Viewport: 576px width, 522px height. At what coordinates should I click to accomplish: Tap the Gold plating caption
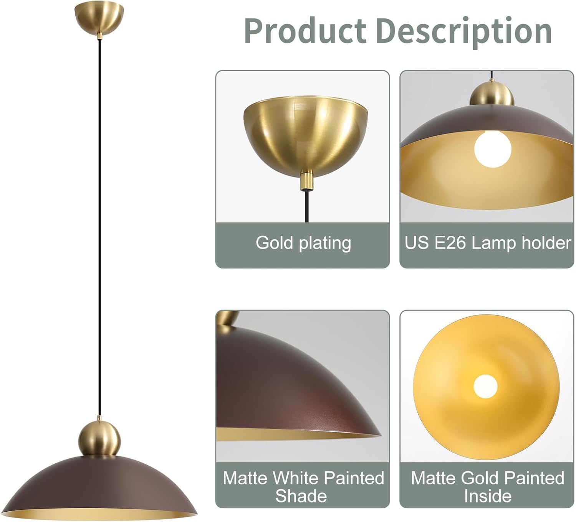tap(303, 243)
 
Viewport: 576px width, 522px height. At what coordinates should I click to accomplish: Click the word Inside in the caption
tap(487, 496)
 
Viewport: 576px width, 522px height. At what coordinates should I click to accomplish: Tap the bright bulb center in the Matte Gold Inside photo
tap(485, 385)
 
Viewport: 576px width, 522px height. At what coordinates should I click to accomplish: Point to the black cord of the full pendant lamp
tap(99, 230)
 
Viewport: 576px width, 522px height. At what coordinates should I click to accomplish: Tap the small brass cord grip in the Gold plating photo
tap(306, 180)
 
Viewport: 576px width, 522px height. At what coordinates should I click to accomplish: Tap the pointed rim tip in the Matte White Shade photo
tap(378, 435)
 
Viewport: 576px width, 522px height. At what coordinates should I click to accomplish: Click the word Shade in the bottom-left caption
tap(301, 496)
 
